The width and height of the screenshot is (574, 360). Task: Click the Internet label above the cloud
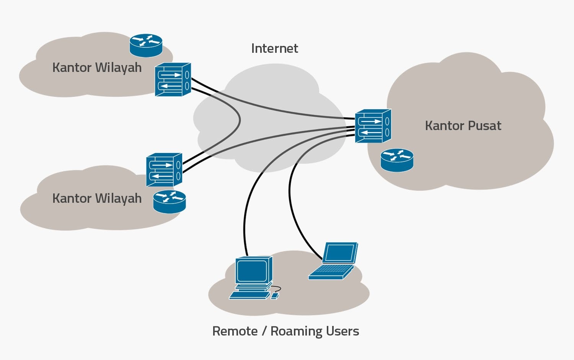pyautogui.click(x=274, y=49)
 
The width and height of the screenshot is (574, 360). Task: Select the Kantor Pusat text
pyautogui.click(x=463, y=126)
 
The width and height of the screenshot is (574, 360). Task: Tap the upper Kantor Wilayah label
pyautogui.click(x=97, y=68)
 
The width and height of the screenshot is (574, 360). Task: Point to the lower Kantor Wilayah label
pyautogui.click(x=97, y=199)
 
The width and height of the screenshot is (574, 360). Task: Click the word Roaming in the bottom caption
pyautogui.click(x=296, y=331)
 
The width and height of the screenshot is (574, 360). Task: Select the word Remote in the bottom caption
pyautogui.click(x=235, y=331)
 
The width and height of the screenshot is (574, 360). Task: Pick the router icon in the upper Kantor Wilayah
pyautogui.click(x=146, y=45)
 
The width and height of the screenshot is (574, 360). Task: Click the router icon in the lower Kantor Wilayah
pyautogui.click(x=169, y=202)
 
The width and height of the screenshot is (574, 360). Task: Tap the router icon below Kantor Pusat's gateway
pyautogui.click(x=397, y=160)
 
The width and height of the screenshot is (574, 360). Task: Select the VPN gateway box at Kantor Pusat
pyautogui.click(x=372, y=126)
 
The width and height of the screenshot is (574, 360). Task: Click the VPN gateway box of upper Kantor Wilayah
pyautogui.click(x=172, y=80)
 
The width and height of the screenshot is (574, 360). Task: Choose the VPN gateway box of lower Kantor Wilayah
pyautogui.click(x=164, y=170)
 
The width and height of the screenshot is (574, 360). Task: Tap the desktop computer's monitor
pyautogui.click(x=253, y=270)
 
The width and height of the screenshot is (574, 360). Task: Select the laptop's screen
pyautogui.click(x=340, y=253)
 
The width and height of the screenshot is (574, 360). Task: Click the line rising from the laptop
pyautogui.click(x=295, y=214)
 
